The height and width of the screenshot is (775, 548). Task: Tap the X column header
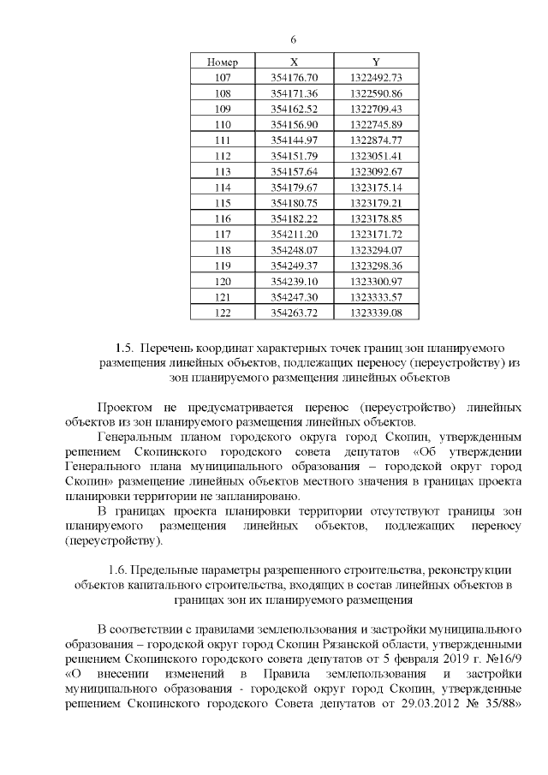(x=294, y=63)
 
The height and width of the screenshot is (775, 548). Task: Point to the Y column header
(x=376, y=63)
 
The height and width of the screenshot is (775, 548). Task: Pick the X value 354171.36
(x=294, y=93)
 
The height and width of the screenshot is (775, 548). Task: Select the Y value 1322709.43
(x=376, y=109)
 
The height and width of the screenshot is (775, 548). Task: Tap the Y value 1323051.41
(x=376, y=156)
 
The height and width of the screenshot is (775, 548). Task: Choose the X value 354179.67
(x=294, y=187)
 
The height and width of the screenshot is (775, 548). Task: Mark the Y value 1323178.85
(x=376, y=218)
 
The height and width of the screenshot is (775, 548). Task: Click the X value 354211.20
(x=294, y=234)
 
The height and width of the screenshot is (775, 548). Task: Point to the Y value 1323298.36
(x=376, y=265)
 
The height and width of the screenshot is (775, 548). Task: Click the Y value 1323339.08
(x=376, y=313)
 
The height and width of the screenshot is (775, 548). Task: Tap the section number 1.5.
(x=124, y=349)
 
